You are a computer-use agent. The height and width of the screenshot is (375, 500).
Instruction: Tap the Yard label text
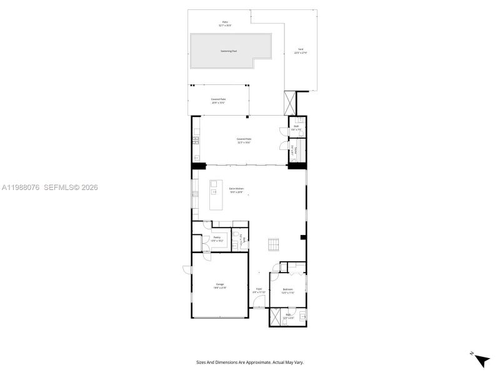301,49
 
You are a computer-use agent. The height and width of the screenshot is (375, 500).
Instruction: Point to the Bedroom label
287,289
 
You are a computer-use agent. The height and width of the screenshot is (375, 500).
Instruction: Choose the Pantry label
217,237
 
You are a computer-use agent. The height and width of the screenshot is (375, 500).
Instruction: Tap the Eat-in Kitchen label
236,188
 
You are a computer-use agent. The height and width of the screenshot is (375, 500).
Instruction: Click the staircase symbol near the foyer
273,244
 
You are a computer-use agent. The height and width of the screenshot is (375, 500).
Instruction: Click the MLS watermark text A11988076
21,187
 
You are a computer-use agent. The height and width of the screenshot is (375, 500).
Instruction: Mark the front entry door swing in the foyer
260,303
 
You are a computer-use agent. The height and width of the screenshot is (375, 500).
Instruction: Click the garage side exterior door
187,269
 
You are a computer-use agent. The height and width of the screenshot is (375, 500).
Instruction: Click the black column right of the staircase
302,237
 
